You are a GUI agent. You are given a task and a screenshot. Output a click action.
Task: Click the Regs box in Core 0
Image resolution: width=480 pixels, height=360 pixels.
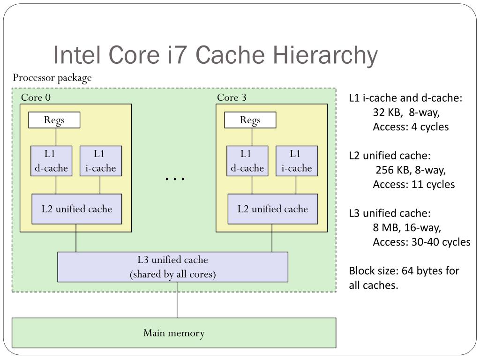(x=54, y=120)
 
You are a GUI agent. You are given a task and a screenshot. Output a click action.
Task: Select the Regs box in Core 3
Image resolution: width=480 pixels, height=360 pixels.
(x=250, y=120)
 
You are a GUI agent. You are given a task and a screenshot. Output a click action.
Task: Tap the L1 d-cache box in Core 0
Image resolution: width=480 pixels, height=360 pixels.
(x=52, y=161)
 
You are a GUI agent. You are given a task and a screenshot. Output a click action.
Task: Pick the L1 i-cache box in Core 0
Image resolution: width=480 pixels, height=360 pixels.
(x=101, y=161)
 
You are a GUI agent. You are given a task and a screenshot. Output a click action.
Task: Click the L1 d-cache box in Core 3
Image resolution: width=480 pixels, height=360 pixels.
(x=247, y=161)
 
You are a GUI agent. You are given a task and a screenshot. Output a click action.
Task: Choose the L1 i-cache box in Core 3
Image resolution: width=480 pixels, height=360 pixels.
(x=297, y=161)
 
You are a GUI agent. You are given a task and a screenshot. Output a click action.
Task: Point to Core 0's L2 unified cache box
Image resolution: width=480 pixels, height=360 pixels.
(x=77, y=209)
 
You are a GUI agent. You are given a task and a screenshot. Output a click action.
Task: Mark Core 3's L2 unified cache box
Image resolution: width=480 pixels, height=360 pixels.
(x=273, y=209)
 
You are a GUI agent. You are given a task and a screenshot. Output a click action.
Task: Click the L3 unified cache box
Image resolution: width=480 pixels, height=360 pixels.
(x=172, y=267)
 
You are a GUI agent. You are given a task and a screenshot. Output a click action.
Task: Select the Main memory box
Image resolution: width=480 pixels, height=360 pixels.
(x=174, y=333)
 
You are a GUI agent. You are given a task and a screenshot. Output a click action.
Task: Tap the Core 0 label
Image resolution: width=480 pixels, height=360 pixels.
(x=36, y=97)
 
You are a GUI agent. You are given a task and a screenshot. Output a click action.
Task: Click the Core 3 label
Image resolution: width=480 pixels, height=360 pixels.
(x=232, y=97)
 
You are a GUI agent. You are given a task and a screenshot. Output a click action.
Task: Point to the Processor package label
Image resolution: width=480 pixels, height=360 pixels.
(x=52, y=78)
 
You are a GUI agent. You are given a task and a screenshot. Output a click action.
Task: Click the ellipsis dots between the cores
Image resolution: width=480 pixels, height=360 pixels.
(x=175, y=179)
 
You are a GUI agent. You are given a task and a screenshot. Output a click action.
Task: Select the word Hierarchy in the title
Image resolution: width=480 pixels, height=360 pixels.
(x=326, y=55)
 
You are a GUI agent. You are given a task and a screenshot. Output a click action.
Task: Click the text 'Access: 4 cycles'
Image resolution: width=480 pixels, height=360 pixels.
(x=411, y=127)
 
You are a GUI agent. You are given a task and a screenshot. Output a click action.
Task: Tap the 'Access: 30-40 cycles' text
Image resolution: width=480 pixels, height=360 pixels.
(x=421, y=242)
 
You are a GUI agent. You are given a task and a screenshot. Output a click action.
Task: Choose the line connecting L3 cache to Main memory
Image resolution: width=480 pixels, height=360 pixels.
(x=177, y=300)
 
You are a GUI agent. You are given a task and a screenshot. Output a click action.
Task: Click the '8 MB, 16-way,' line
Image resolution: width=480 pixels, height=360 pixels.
(x=407, y=228)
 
